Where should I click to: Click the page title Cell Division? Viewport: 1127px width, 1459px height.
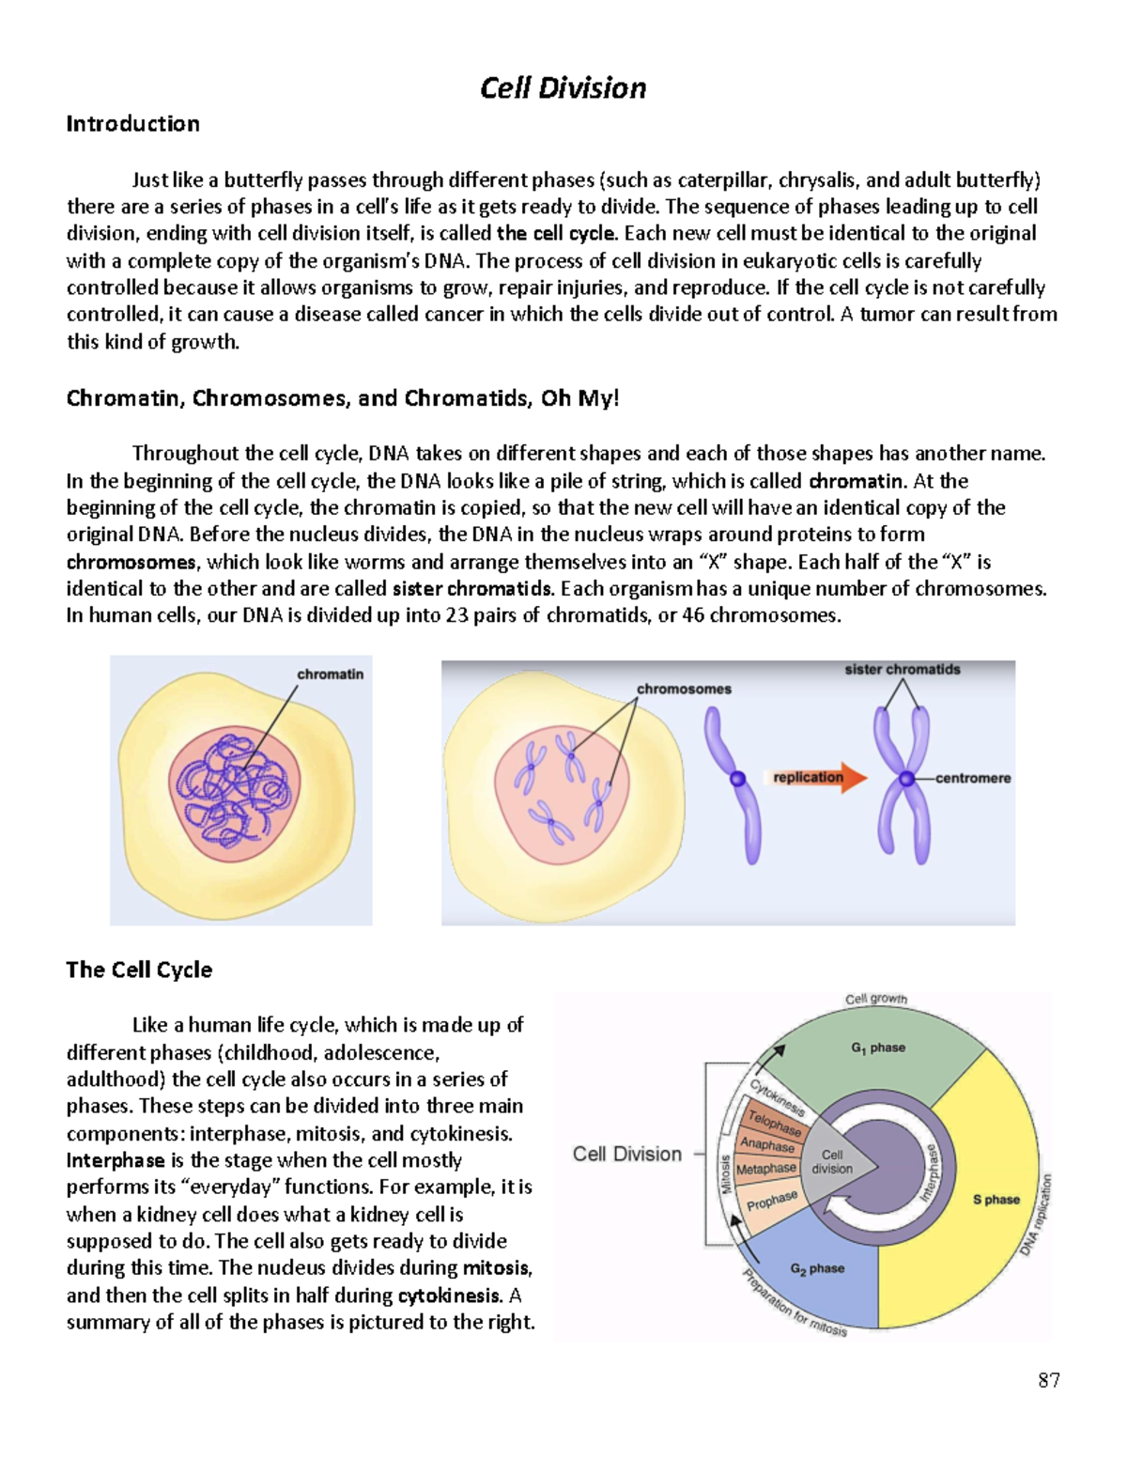563,88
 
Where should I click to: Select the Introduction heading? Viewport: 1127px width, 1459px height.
132,124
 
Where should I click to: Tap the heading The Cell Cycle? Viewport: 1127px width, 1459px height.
139,970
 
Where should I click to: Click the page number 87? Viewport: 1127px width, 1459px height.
1049,1379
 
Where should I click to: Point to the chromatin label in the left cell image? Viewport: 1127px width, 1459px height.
330,675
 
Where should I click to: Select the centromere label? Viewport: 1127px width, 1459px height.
973,778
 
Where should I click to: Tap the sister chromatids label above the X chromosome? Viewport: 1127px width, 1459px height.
902,670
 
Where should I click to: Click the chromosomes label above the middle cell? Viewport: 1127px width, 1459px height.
684,689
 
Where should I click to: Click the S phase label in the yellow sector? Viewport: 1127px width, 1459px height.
996,1200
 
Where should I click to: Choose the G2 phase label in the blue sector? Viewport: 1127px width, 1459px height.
817,1268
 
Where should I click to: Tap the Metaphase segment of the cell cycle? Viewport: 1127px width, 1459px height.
766,1169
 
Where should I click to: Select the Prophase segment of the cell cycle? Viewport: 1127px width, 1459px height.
772,1200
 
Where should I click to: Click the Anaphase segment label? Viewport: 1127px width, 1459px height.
767,1144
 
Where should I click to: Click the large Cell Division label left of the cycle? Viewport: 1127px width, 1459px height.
627,1154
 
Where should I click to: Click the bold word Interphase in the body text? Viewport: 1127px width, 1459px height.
116,1160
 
